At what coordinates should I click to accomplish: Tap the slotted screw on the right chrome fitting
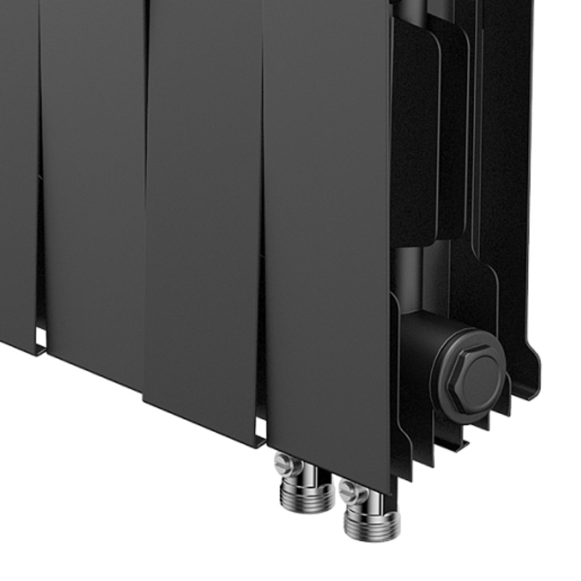pos(351,491)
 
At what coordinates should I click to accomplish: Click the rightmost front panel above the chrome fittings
pos(327,232)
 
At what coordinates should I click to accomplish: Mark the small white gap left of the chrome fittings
pos(261,439)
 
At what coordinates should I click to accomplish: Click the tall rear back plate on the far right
pos(508,182)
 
